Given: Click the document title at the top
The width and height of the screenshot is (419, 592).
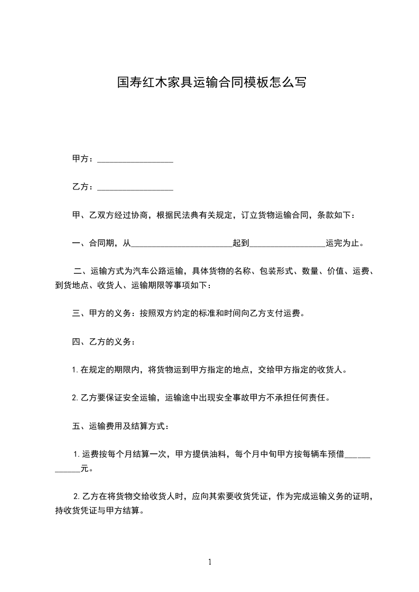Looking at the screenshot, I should [x=211, y=83].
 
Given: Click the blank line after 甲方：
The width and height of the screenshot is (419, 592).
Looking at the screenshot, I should [x=136, y=159].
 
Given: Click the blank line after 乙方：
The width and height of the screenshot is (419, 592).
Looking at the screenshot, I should [x=136, y=187].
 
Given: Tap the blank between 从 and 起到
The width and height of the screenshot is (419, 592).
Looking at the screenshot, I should [x=181, y=243].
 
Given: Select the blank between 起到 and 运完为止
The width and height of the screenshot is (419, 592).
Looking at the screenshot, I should [x=287, y=243].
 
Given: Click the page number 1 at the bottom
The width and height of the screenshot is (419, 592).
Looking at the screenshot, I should [x=210, y=562].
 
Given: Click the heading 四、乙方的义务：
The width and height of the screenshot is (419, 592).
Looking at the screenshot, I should [x=104, y=342].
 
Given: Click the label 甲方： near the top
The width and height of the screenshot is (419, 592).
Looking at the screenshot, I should [x=83, y=159].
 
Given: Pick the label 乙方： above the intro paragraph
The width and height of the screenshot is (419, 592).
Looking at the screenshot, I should [x=83, y=187].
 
